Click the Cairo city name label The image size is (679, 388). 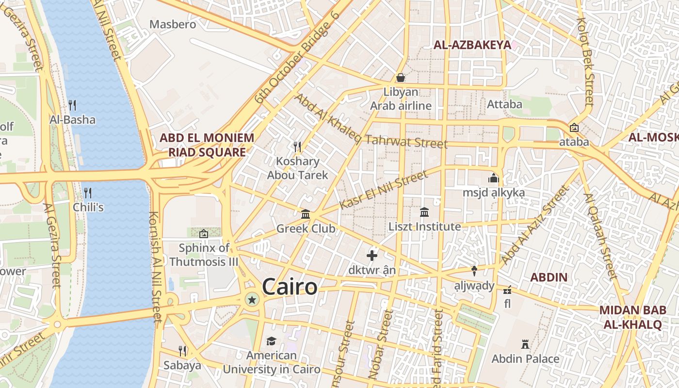tap(290, 287)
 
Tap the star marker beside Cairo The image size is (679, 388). tap(252, 300)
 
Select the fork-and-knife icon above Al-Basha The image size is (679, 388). tap(72, 105)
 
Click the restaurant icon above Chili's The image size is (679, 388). tap(88, 193)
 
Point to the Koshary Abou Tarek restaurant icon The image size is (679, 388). tap(297, 146)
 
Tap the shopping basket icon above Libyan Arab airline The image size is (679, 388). tap(401, 78)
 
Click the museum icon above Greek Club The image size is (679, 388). tap(306, 214)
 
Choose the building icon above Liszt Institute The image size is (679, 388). tap(424, 212)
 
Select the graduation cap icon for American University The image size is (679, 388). tap(271, 341)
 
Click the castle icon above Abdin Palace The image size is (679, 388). tap(525, 344)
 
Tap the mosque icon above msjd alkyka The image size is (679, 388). tap(494, 178)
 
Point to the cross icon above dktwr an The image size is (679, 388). tap(372, 256)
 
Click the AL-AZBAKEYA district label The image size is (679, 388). tap(472, 45)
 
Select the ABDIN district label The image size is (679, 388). tap(549, 277)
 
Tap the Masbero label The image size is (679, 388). tap(173, 24)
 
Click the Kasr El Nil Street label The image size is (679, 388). tap(383, 190)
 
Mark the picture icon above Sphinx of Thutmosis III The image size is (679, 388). tap(204, 234)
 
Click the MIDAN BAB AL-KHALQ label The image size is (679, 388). tap(630, 317)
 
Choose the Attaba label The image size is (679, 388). tap(504, 104)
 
